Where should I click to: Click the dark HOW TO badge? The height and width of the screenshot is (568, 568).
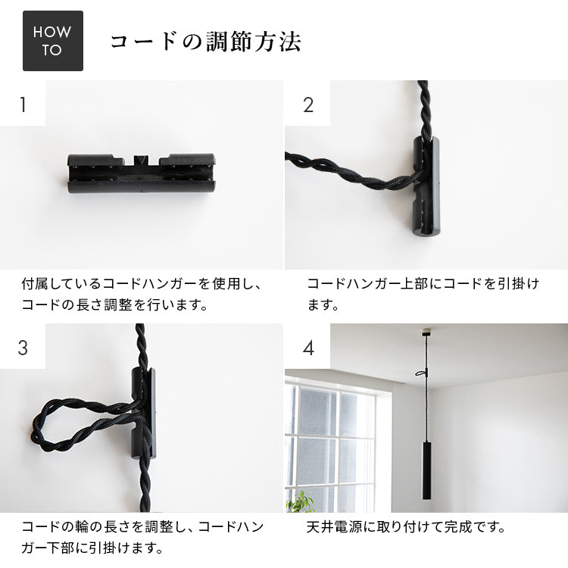[x=53, y=41]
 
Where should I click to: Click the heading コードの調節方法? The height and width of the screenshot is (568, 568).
[x=206, y=42]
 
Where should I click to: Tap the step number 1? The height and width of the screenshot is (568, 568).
[x=23, y=105]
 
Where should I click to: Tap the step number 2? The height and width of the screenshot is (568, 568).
[x=308, y=105]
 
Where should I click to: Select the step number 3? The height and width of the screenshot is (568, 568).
[x=23, y=348]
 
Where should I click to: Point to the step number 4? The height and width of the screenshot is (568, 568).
[x=308, y=348]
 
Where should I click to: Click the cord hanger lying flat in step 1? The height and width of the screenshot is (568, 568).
[x=141, y=173]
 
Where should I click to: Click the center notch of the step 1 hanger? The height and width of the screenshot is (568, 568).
[x=141, y=160]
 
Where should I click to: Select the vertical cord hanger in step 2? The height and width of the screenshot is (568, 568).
[x=427, y=186]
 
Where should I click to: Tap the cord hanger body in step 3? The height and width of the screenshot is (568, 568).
[x=144, y=413]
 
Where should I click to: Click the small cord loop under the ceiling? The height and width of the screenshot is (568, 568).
[x=422, y=373]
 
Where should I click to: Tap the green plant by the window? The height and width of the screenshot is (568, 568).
[x=300, y=501]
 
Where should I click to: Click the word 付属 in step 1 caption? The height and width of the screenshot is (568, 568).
[x=33, y=283]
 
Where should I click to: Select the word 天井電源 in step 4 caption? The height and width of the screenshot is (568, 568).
[x=334, y=526]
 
